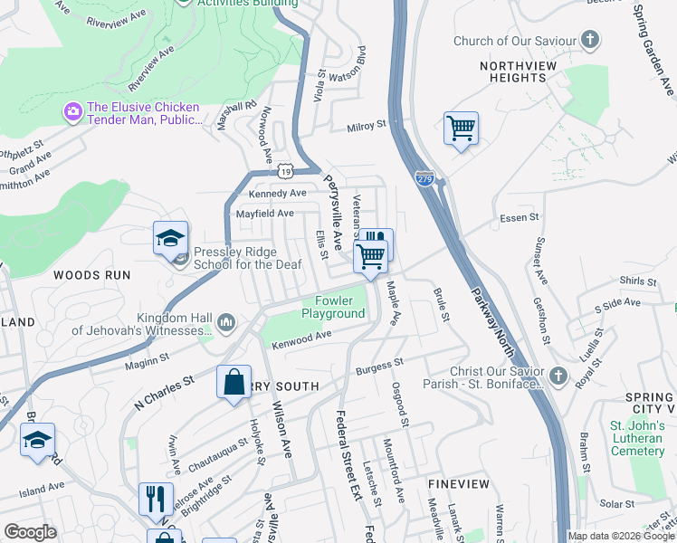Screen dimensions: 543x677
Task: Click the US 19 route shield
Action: [286, 170]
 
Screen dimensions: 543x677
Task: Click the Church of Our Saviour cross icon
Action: [589, 40]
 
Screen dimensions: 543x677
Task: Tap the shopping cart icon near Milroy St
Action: [461, 129]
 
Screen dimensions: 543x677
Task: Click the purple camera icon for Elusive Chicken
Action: [72, 110]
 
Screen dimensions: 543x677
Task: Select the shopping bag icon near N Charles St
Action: [234, 381]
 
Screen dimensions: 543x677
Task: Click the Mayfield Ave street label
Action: [265, 214]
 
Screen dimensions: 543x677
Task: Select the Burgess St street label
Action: [379, 367]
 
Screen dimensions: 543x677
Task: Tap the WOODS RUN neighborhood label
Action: [91, 274]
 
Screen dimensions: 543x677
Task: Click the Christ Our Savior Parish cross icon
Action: [558, 376]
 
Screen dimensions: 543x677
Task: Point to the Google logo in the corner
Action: [30, 532]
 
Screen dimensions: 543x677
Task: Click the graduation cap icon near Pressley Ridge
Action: [170, 238]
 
